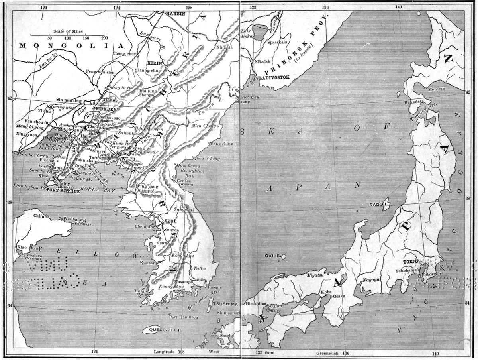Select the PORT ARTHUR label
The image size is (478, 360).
point(63,191)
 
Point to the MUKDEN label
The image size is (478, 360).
point(104,108)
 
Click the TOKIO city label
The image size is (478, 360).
point(412,261)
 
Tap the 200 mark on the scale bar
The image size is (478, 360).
point(104,38)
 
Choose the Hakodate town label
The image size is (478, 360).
point(414,102)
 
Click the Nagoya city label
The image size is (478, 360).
point(370,280)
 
